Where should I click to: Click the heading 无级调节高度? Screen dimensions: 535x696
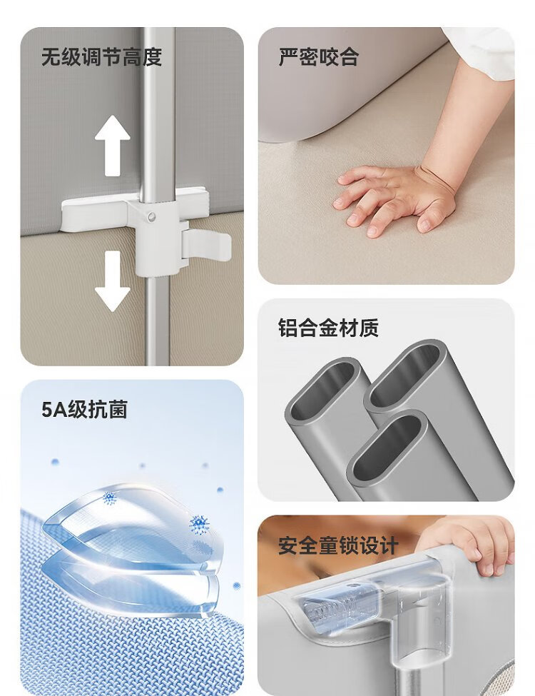(x=101, y=57)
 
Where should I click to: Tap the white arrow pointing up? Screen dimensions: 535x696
(x=112, y=146)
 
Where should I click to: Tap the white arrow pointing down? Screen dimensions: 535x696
(x=112, y=281)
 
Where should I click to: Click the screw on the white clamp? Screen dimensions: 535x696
(x=152, y=216)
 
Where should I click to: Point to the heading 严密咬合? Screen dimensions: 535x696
(x=319, y=57)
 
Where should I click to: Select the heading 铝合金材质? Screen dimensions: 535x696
(x=328, y=328)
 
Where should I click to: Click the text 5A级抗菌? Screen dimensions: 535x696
(x=84, y=409)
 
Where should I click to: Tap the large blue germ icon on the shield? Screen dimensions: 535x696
(x=200, y=524)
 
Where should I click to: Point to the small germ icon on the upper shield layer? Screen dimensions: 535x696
(x=109, y=498)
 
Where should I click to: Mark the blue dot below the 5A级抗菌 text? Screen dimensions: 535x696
(x=55, y=463)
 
